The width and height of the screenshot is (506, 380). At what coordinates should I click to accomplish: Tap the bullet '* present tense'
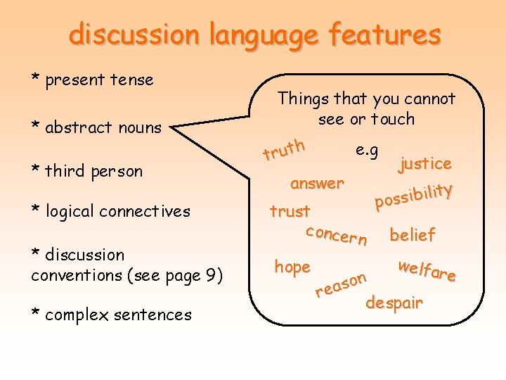tap(92, 80)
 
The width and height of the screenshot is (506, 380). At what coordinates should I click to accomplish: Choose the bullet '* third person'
tap(86, 171)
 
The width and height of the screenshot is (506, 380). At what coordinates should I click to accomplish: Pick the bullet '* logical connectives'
tap(110, 211)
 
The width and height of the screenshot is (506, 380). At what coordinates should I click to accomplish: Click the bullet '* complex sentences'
tap(111, 315)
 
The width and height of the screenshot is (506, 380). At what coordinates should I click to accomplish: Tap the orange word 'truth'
tap(284, 148)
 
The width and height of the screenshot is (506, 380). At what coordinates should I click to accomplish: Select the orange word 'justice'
tap(424, 164)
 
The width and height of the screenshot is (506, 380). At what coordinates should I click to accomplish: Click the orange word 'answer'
tap(317, 184)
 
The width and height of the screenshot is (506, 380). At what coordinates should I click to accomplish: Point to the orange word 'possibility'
tap(413, 196)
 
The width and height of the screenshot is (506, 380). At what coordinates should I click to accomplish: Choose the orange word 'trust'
tap(290, 211)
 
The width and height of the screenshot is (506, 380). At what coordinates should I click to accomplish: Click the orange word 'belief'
tap(413, 235)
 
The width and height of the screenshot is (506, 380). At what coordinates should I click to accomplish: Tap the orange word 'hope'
tap(292, 267)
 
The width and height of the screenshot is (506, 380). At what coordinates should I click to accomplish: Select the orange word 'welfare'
tap(426, 270)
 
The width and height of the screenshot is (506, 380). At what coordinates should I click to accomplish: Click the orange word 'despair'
tap(394, 303)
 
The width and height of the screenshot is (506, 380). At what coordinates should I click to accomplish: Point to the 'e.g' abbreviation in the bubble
tap(367, 150)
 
